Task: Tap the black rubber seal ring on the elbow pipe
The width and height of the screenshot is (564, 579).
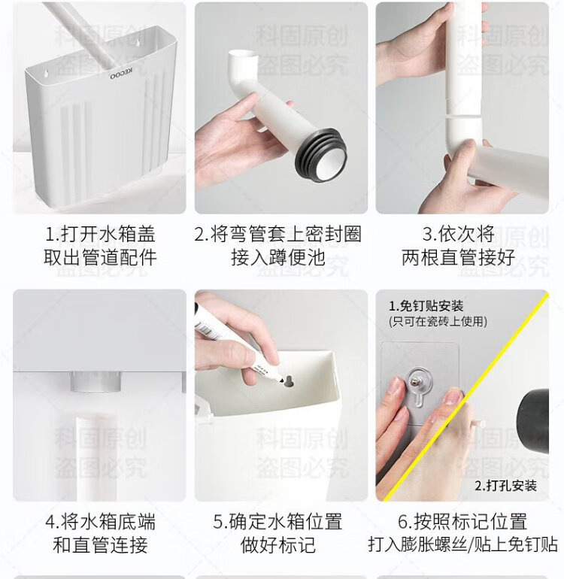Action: [x=320, y=154]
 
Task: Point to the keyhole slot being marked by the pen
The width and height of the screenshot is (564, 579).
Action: [x=288, y=381]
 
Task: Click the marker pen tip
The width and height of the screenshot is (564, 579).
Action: [x=281, y=380]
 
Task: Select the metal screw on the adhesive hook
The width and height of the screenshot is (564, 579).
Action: [x=420, y=381]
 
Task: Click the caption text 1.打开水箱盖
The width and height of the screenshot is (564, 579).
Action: [x=100, y=234]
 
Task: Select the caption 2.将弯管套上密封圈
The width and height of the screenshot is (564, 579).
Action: [x=277, y=234]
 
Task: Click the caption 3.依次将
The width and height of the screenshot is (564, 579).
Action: [x=459, y=234]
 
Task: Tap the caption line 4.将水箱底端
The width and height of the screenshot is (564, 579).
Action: [x=100, y=522]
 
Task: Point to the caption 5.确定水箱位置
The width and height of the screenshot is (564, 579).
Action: [x=277, y=522]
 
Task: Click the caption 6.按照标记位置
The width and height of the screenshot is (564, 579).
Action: [x=462, y=522]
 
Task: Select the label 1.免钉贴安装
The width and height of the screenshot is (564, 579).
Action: [x=426, y=306]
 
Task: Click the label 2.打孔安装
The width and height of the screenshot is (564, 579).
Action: [x=505, y=485]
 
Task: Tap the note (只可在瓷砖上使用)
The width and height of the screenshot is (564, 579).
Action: [x=438, y=321]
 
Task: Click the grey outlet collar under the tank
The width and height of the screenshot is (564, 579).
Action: [x=96, y=382]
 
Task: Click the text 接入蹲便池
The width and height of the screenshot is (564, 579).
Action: [x=277, y=257]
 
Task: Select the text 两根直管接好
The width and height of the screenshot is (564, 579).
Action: [x=459, y=257]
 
